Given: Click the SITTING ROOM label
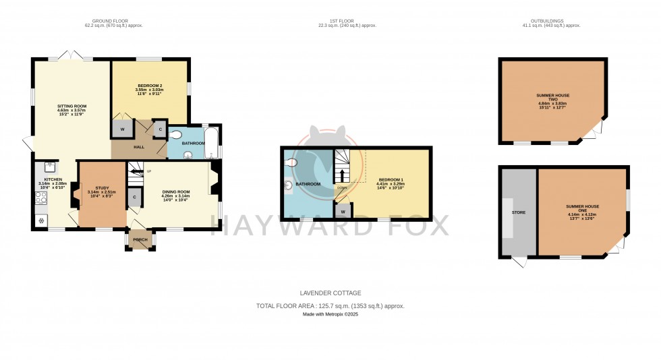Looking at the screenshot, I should (71, 107).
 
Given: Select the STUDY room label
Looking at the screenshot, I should (102, 188).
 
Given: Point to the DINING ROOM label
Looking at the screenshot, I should (176, 191).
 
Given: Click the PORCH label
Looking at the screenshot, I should (140, 240).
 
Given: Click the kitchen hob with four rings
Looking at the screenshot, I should (40, 198).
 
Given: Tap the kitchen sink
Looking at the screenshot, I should (50, 167).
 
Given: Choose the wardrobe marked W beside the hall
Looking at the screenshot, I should (123, 129).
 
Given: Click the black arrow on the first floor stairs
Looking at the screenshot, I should (342, 175).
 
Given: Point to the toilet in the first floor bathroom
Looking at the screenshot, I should (291, 162).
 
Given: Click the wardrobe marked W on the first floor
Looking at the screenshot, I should (343, 211).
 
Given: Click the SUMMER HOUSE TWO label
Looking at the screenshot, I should (552, 98).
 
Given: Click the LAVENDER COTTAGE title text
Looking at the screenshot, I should (330, 293).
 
